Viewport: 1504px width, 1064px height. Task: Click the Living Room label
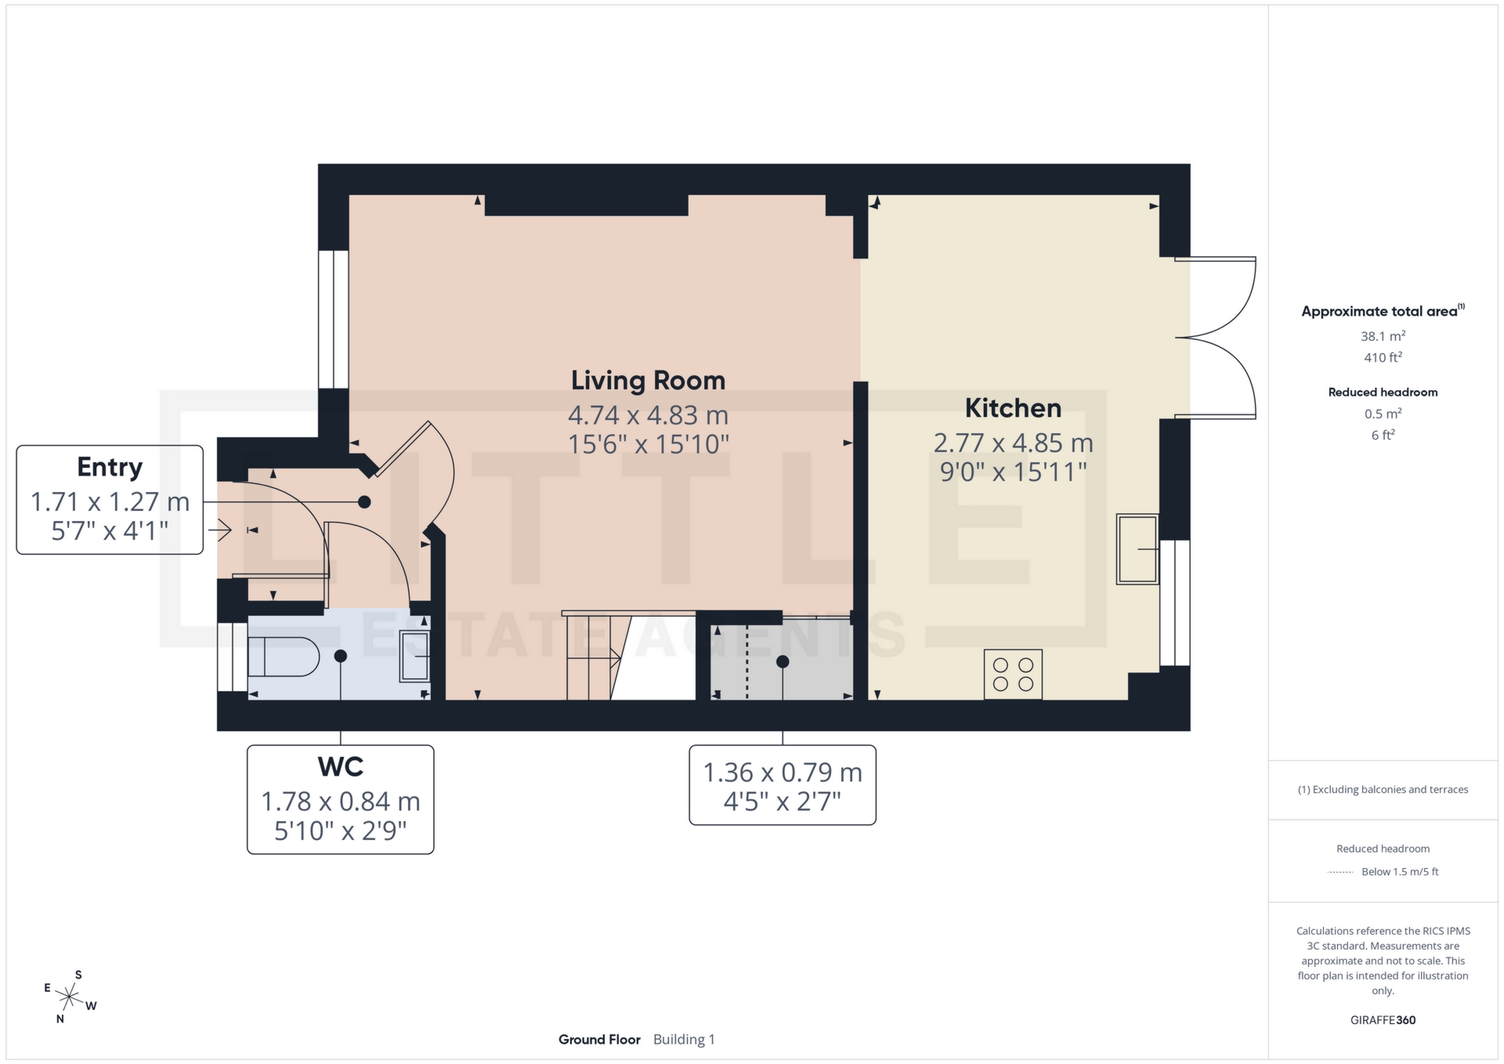click(648, 381)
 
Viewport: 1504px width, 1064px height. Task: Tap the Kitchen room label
click(1012, 408)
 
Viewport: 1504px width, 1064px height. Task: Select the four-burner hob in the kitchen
click(1013, 674)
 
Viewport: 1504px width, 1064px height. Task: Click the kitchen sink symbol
click(1137, 548)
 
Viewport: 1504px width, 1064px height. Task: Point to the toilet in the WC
click(283, 657)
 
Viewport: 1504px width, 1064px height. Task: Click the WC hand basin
click(415, 656)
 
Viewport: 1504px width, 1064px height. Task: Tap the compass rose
click(70, 997)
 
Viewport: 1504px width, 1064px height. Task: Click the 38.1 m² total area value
click(1383, 336)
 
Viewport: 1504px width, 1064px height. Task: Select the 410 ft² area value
click(1383, 357)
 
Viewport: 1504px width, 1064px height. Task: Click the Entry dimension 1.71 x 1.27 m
click(110, 501)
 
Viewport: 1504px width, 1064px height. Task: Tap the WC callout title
click(340, 766)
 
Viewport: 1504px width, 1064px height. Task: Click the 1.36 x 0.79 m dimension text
click(782, 773)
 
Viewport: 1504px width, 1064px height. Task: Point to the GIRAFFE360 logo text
click(1383, 1020)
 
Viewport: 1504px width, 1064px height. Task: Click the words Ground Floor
click(599, 1040)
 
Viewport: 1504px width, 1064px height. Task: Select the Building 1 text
click(684, 1040)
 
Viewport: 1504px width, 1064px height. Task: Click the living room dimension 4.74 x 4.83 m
click(648, 414)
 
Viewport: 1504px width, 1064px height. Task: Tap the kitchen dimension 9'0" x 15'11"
click(1013, 472)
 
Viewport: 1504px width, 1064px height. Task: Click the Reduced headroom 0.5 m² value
click(1383, 414)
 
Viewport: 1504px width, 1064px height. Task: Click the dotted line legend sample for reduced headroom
click(1340, 872)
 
